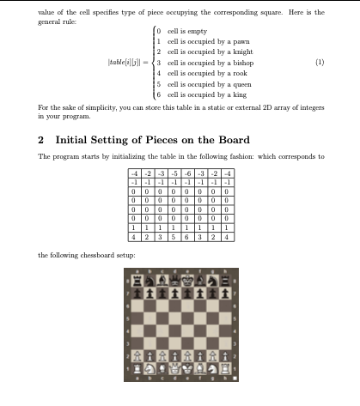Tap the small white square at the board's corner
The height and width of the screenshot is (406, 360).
(233, 379)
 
